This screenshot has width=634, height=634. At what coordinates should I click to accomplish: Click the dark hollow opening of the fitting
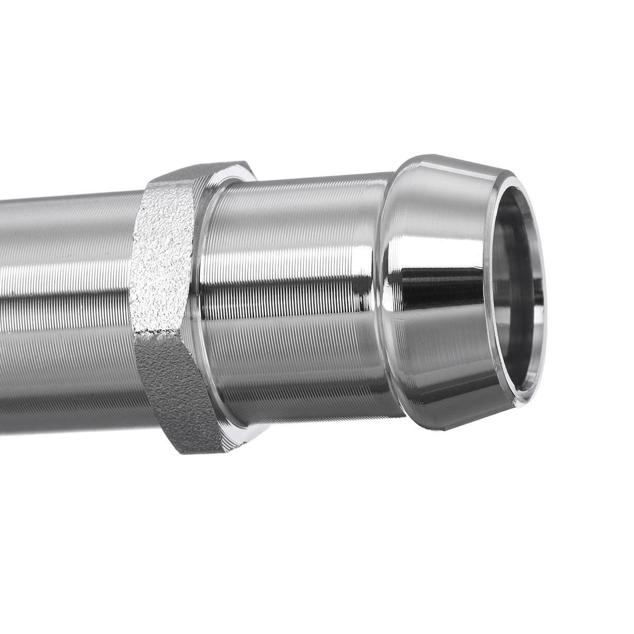(x=515, y=296)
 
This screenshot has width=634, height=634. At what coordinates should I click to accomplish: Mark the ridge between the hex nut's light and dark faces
(x=158, y=335)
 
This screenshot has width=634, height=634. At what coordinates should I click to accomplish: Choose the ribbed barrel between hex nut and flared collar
(x=296, y=296)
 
